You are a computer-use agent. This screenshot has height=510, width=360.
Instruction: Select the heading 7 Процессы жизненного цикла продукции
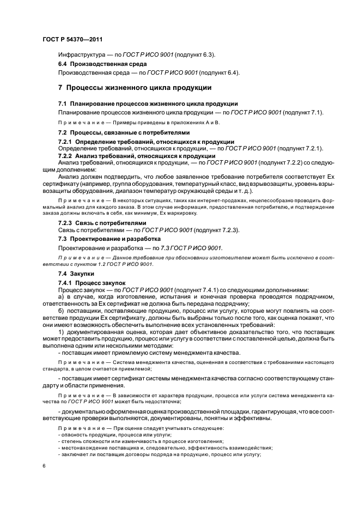coord(135,88)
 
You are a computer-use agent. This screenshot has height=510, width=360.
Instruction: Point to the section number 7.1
coord(62,104)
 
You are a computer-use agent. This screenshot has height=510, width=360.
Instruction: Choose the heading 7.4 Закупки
coord(76,274)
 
